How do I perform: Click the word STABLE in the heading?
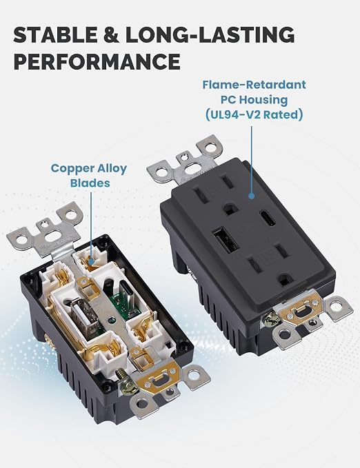56,34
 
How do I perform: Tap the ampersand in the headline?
112,34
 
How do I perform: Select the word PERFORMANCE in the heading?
97,62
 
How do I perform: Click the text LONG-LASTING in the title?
210,34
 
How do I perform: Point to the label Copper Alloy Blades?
89,176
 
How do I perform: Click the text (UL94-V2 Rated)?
254,114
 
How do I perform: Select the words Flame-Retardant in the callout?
254,85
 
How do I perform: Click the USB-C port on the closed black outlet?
268,218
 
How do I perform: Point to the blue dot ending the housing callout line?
252,196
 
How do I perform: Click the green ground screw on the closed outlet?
271,319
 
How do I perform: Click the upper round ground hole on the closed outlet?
230,209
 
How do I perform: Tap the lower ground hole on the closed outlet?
285,280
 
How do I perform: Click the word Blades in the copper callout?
90,183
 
